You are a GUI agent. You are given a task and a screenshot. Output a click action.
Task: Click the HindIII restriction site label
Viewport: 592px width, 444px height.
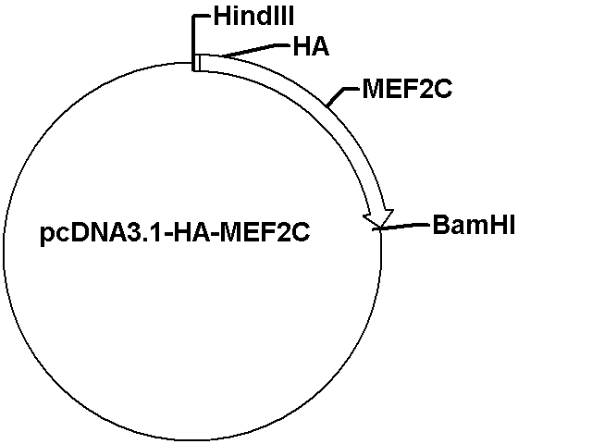coord(253,17)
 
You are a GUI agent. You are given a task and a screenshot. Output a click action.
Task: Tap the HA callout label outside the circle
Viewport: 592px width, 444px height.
coord(311,47)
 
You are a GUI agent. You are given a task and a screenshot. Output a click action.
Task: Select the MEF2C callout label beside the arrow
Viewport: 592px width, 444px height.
coord(407,89)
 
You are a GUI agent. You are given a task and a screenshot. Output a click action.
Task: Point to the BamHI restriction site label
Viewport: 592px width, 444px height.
coord(474,225)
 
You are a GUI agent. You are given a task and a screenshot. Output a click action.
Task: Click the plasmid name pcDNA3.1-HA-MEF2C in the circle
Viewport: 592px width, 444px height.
coord(175,232)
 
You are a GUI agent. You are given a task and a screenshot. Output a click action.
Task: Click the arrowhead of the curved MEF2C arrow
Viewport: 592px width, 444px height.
coord(378,219)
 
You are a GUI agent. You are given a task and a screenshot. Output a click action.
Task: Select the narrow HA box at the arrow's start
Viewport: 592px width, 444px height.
coord(197,63)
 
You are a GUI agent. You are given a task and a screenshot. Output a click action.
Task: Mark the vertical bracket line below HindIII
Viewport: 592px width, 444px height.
coord(193,43)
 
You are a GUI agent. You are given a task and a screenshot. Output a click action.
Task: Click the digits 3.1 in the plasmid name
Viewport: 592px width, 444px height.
coord(147,232)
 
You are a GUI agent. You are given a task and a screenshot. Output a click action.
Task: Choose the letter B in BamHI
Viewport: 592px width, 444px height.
coord(440,225)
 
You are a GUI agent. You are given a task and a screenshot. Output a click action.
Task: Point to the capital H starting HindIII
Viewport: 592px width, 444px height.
coord(222,17)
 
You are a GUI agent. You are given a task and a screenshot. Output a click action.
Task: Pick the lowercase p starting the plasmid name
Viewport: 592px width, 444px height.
coord(46,236)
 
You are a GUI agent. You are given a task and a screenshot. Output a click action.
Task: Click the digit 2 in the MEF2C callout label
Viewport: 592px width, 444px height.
coord(427,89)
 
